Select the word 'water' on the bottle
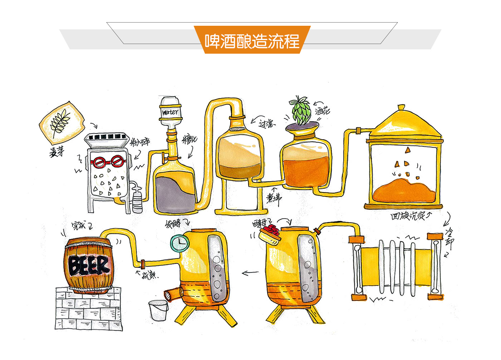click(x=170, y=112)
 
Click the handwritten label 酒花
click(x=322, y=111)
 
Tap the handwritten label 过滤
click(x=266, y=124)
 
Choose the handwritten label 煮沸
click(x=274, y=198)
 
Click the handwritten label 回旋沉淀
click(x=408, y=216)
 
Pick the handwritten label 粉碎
click(x=140, y=142)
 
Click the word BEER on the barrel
click(x=89, y=265)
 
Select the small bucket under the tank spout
click(x=158, y=310)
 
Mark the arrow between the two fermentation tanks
click(x=250, y=273)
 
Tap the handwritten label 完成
click(x=78, y=225)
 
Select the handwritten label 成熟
click(x=148, y=275)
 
